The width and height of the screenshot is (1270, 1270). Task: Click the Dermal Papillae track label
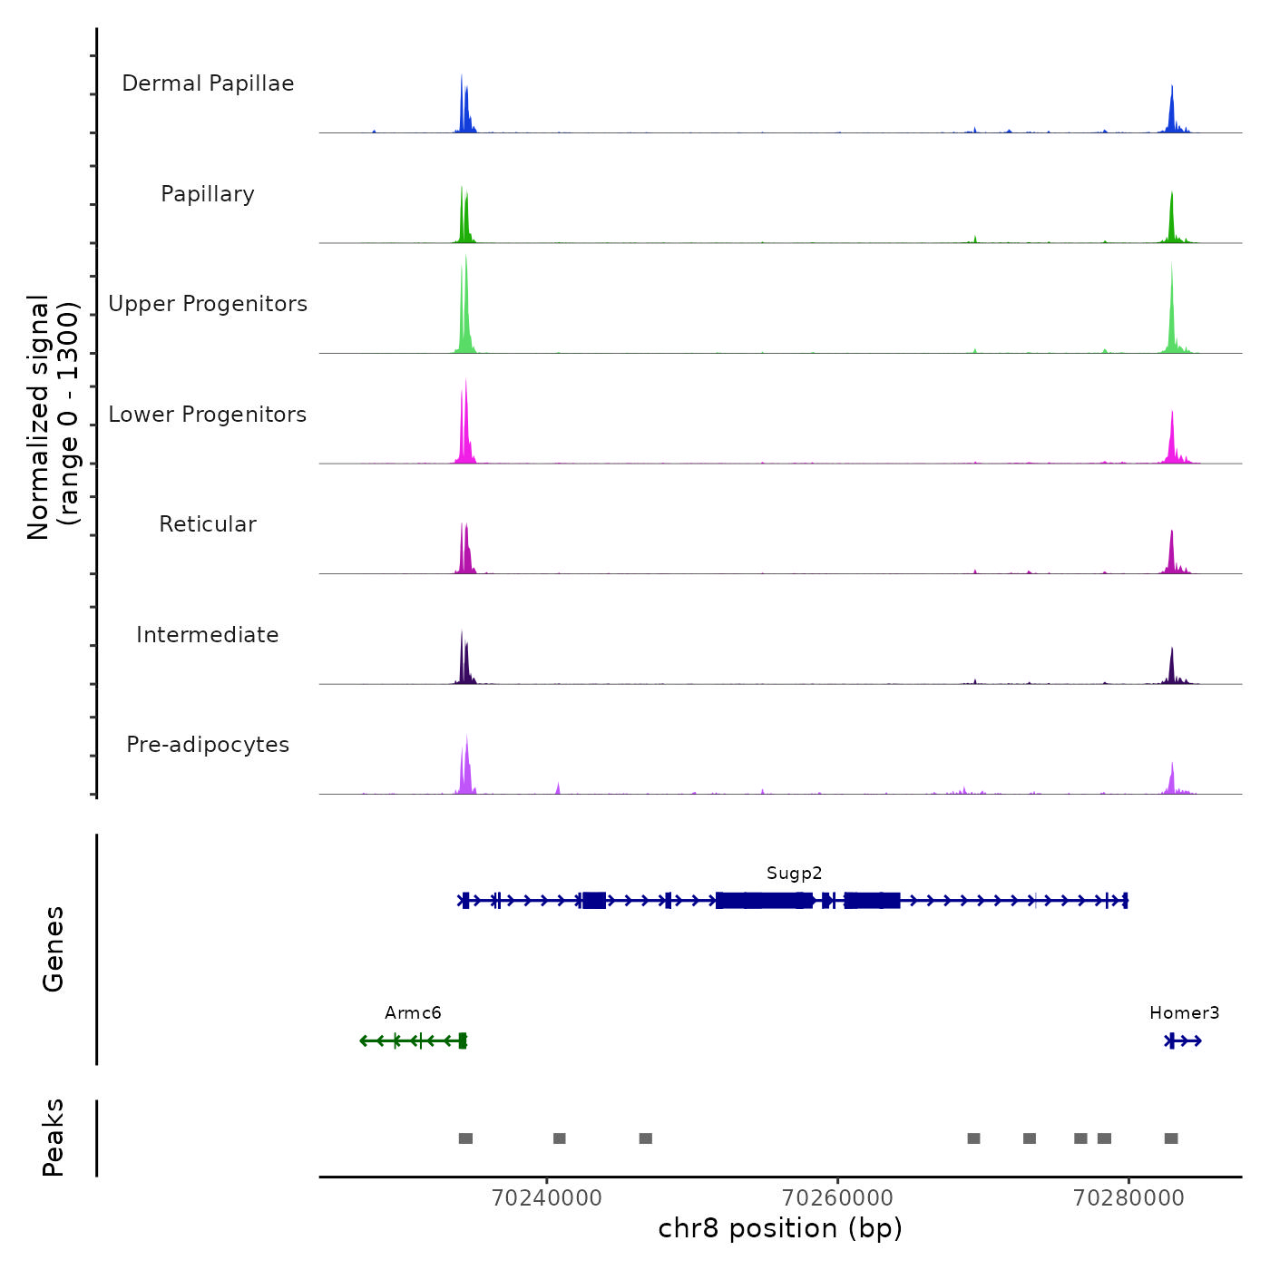(x=208, y=83)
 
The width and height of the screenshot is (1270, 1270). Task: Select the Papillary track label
(x=208, y=194)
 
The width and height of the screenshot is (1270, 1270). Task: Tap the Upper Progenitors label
(x=208, y=304)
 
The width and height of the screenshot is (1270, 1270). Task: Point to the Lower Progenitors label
(x=208, y=415)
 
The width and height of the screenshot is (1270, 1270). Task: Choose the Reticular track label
(x=208, y=524)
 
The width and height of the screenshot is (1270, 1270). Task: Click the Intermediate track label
(x=208, y=635)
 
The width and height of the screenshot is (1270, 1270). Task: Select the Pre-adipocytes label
(x=208, y=745)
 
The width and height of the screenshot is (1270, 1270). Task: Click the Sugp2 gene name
(x=794, y=874)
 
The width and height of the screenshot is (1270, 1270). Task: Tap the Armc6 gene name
(x=413, y=1013)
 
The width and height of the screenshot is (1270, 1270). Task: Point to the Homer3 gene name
(x=1184, y=1013)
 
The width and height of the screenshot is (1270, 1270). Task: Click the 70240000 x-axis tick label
(x=546, y=1198)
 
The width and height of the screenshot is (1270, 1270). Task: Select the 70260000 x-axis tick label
(x=837, y=1198)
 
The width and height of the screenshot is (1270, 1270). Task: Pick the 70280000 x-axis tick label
(x=1128, y=1198)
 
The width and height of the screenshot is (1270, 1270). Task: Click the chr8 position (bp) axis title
(x=780, y=1228)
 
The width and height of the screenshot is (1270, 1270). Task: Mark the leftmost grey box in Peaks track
(x=465, y=1138)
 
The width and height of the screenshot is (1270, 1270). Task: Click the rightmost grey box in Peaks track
(x=1171, y=1138)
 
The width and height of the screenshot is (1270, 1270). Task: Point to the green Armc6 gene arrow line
(x=408, y=1040)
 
